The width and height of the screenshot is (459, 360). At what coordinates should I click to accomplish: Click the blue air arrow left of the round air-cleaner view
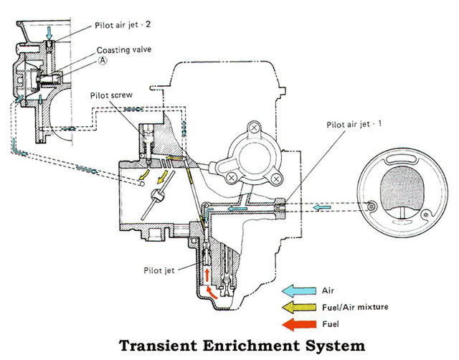pyautogui.click(x=321, y=207)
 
